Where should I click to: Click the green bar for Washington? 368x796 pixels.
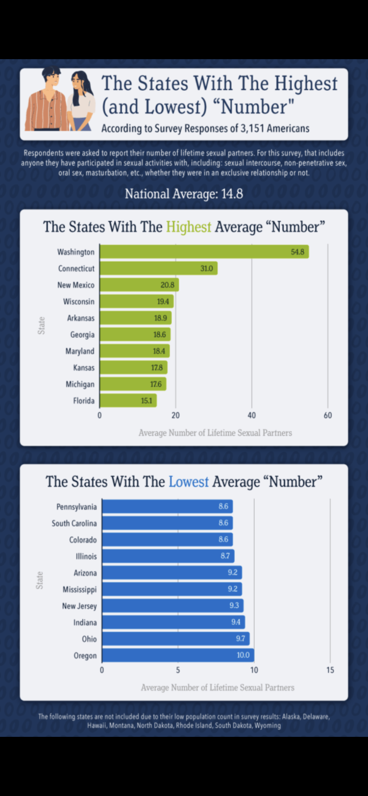204,252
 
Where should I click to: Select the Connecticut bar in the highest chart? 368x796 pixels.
159,268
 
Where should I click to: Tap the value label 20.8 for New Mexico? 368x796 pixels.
167,285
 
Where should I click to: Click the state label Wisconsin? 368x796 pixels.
79,301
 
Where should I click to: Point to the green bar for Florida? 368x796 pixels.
128,400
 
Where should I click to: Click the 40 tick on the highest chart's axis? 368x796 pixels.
252,415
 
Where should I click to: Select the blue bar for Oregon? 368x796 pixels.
178,655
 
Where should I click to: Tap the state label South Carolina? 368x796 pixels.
74,523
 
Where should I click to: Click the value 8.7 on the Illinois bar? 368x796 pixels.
225,556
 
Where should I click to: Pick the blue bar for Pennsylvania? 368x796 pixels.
167,506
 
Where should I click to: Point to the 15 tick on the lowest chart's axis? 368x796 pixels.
330,670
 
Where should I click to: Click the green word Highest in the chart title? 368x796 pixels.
189,227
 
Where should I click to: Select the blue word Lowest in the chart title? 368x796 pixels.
189,482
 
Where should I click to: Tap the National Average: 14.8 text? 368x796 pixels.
184,194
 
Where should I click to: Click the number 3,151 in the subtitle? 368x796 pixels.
252,128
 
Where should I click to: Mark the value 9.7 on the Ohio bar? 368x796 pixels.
240,638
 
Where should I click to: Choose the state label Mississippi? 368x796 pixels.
80,589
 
